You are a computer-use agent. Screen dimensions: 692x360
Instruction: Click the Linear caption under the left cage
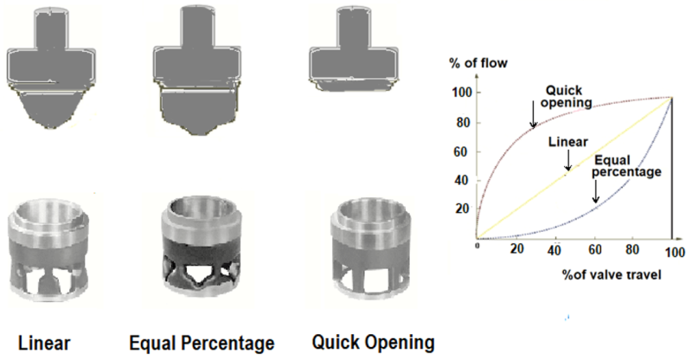[x=44, y=344]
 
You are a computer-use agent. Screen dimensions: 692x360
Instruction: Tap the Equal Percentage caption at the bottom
[x=202, y=344]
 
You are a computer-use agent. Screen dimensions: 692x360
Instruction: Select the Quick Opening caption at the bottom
[x=374, y=343]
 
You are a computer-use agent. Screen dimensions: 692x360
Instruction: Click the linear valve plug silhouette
[x=51, y=68]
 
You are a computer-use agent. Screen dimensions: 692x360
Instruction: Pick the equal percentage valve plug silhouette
[x=197, y=69]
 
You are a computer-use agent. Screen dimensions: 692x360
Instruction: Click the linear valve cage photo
[x=49, y=250]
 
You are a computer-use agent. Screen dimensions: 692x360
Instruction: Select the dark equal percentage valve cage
[x=202, y=249]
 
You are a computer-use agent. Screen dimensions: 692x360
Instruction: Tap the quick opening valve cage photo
[x=372, y=249]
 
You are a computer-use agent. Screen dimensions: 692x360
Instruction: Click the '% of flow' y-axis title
[x=478, y=63]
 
